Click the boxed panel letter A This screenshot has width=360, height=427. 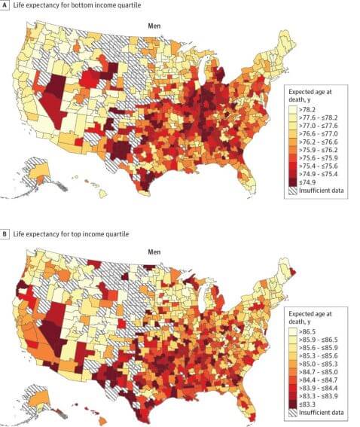[5, 5]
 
